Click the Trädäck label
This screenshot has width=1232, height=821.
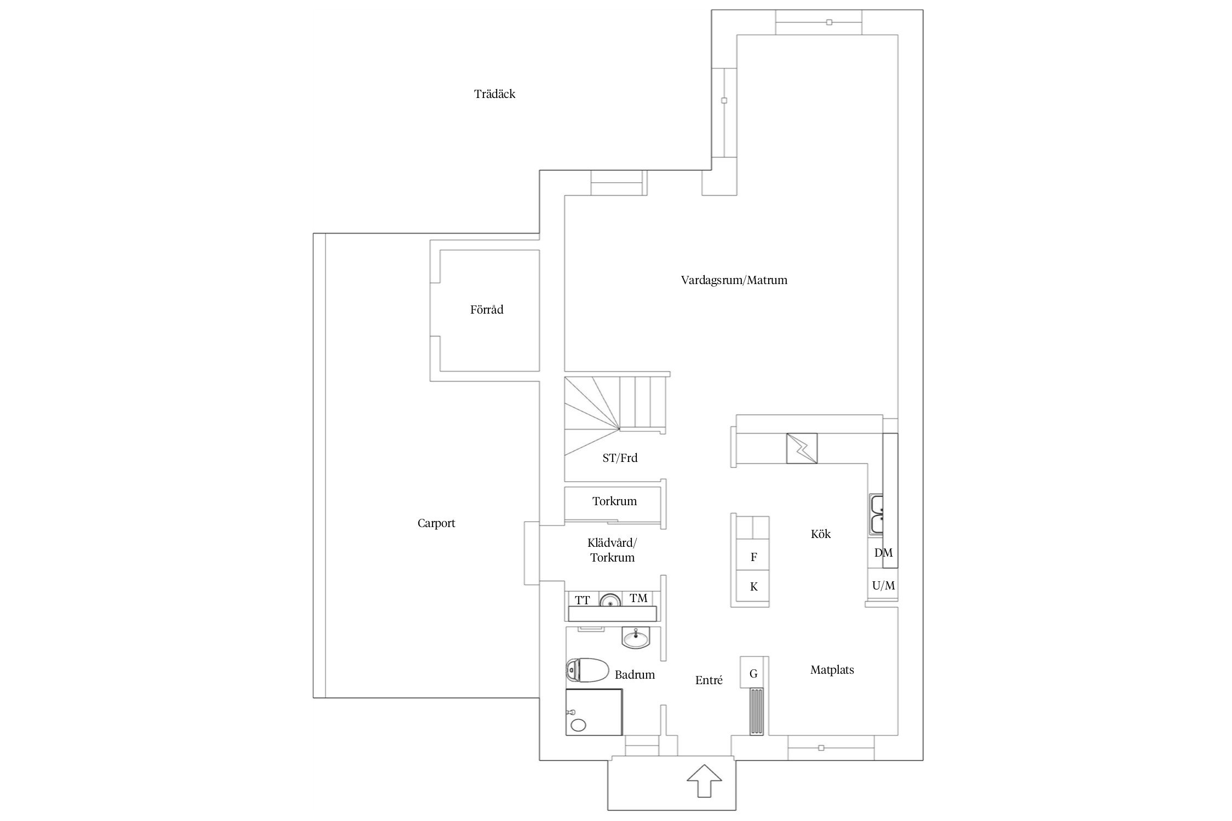pos(494,94)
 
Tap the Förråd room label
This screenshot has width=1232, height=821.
pos(486,310)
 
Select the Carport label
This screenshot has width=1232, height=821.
pos(436,524)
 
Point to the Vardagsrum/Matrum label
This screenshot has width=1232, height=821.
pos(734,280)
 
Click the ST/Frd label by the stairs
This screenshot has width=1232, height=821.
pos(620,458)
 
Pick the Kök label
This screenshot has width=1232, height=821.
pos(821,534)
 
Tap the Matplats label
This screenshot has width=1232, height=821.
pos(832,670)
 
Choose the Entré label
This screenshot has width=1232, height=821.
pos(709,680)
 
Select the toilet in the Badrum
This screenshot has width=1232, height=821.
pos(586,670)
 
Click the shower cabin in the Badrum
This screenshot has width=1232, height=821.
pos(594,712)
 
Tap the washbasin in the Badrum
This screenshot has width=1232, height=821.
pos(636,638)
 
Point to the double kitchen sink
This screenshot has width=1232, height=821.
pos(876,514)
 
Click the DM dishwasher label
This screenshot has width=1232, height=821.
pos(883,553)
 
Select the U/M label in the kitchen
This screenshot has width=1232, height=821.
pos(883,586)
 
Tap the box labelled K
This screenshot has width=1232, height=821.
pos(753,587)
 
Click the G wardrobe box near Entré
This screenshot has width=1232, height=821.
pos(754,672)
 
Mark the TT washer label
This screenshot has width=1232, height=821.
pos(583,600)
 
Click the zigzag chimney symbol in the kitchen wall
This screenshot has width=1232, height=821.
pos(802,449)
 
